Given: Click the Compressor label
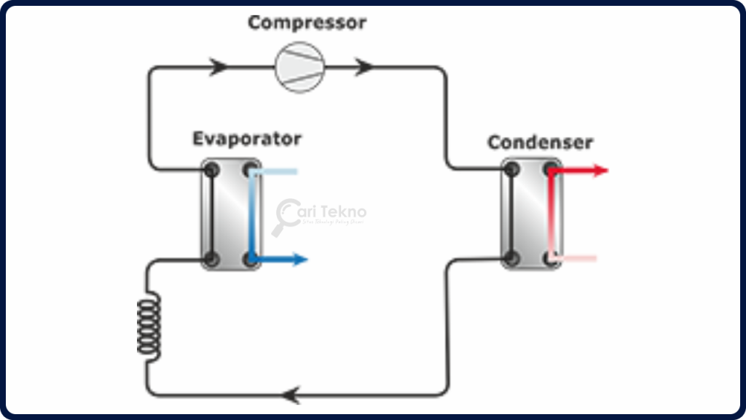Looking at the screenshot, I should click(x=307, y=23).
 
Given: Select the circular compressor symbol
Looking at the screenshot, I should click(x=299, y=67).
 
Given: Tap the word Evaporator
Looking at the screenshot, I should click(x=246, y=139).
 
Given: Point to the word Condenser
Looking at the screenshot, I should click(x=540, y=142).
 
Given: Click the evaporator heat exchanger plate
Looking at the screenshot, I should click(x=231, y=214).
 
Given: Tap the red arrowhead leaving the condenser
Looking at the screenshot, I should click(x=600, y=171).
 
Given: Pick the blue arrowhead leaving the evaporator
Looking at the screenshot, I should click(x=299, y=259).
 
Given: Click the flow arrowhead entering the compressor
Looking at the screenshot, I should click(x=219, y=67).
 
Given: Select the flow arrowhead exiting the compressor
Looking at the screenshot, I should click(x=365, y=67).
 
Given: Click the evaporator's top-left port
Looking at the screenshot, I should click(x=212, y=171).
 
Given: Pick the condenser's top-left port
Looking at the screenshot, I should click(x=512, y=171).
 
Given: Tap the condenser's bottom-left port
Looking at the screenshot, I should click(x=512, y=257).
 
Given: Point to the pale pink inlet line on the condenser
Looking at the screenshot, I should click(x=579, y=258).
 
